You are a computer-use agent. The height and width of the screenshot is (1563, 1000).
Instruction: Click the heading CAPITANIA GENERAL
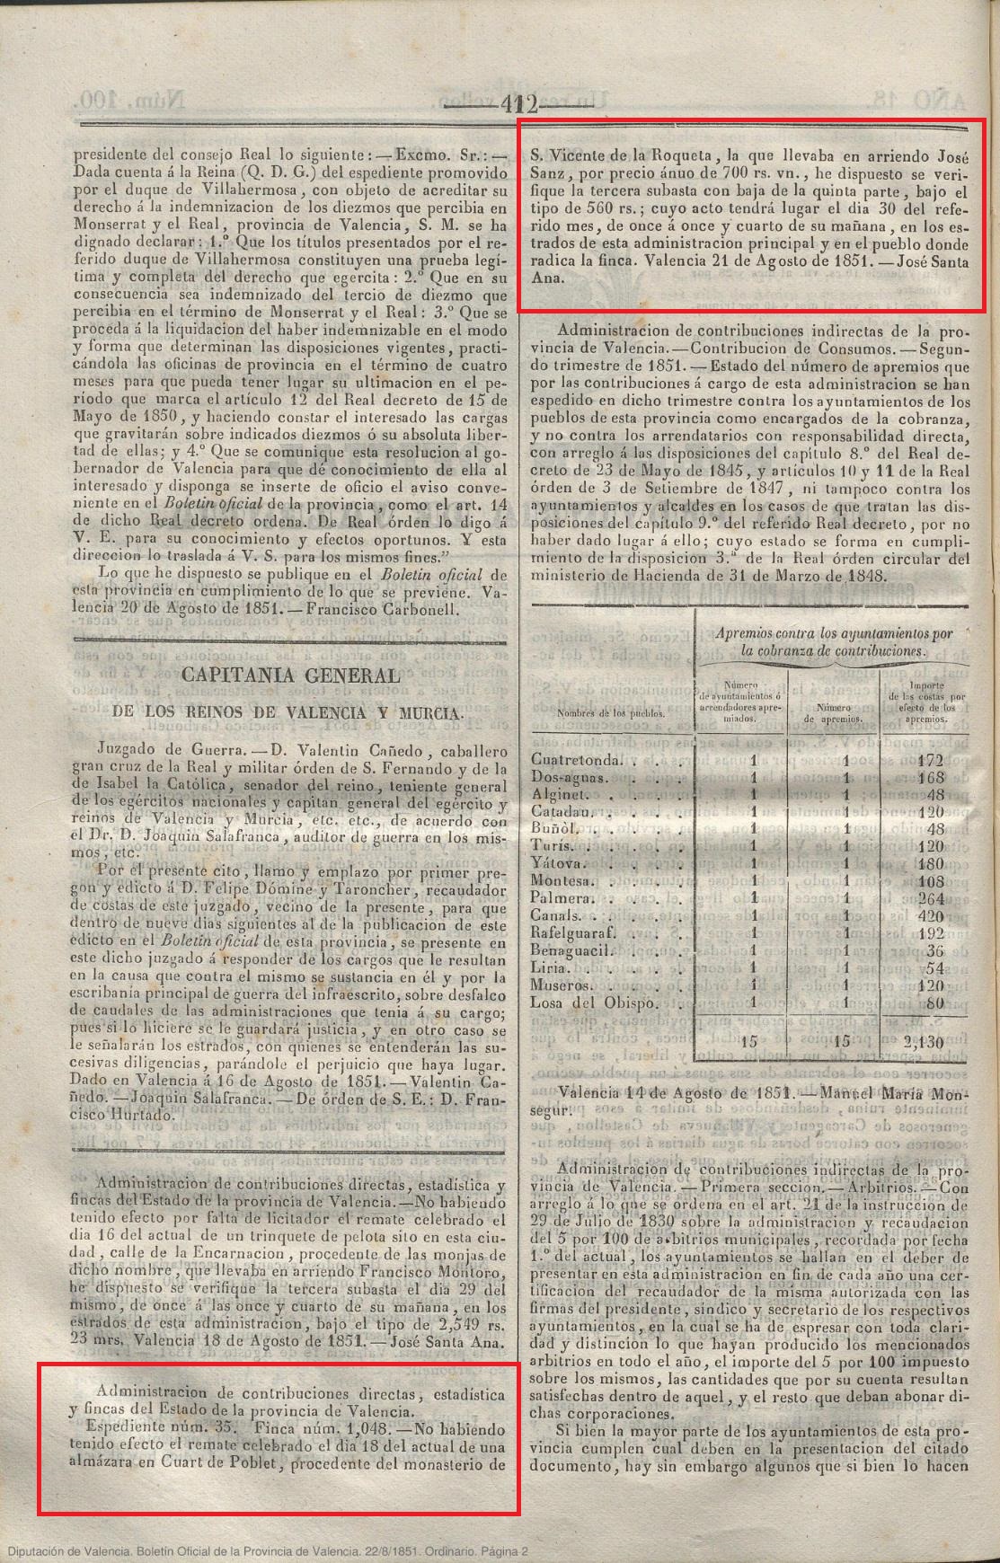[x=291, y=676]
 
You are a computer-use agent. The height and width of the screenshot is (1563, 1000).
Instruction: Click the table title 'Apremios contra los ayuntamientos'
[x=834, y=641]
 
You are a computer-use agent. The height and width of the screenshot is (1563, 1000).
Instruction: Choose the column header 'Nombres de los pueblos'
[x=611, y=713]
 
